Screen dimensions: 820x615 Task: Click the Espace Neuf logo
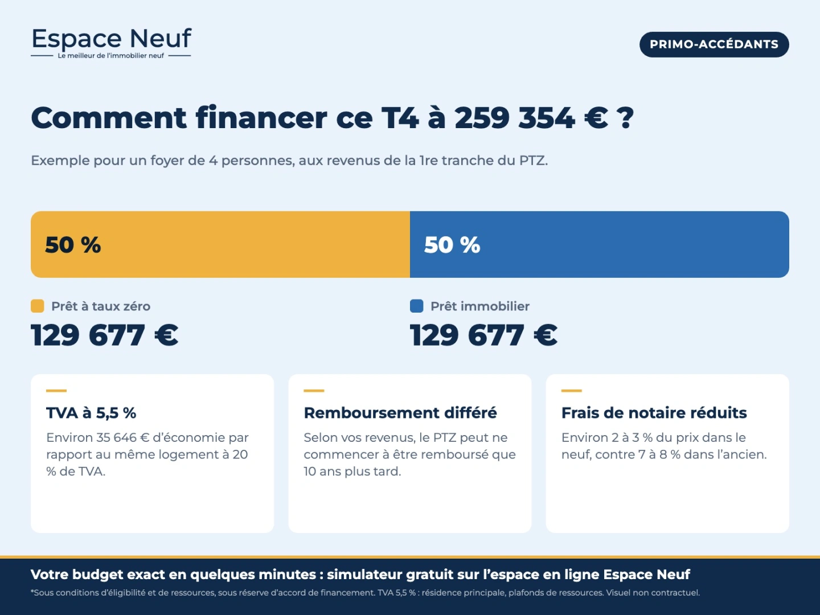[111, 43]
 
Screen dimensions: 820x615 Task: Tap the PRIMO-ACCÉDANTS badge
[714, 44]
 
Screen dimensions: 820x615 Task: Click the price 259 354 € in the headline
[531, 118]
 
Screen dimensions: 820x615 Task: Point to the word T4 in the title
[400, 118]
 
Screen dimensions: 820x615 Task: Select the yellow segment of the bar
[220, 244]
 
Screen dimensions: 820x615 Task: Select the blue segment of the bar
[600, 244]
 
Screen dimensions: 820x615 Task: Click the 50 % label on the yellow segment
[73, 245]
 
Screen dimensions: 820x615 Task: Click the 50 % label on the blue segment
[452, 245]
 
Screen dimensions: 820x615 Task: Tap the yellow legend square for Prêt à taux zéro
[38, 306]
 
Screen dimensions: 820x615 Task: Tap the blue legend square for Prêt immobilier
[416, 306]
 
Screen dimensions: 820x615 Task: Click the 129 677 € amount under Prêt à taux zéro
[105, 335]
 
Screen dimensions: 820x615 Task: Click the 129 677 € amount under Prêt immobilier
[484, 335]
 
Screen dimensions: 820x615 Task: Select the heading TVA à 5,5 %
[91, 413]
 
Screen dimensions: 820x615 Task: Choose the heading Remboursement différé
[400, 413]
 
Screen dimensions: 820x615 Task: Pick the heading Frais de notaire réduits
[654, 413]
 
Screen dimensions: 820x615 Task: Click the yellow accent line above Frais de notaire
[572, 391]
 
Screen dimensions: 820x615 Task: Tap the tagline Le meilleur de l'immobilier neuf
[111, 56]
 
